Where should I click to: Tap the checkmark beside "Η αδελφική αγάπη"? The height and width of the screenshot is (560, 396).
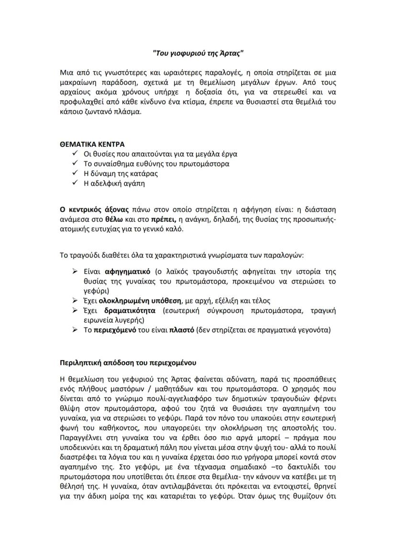click(75, 183)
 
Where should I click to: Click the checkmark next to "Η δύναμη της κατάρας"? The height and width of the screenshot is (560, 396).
click(75, 173)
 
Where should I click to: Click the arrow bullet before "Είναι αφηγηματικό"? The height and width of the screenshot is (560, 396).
click(75, 272)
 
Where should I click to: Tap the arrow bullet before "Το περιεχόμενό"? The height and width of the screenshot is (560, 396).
click(75, 329)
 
